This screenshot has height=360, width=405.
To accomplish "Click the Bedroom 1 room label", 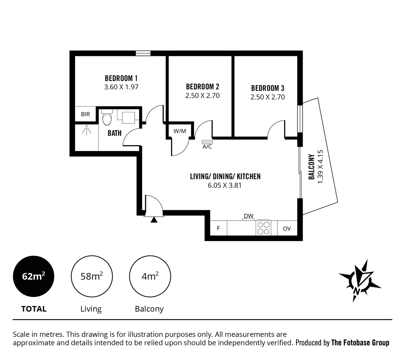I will pyautogui.click(x=121, y=78).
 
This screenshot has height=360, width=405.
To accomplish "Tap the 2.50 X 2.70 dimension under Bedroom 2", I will pyautogui.click(x=202, y=96).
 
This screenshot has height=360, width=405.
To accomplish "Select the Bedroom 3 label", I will pyautogui.click(x=267, y=88).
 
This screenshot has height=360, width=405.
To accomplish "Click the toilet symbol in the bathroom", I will pyautogui.click(x=107, y=118).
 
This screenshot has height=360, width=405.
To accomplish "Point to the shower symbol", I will pyautogui.click(x=87, y=130).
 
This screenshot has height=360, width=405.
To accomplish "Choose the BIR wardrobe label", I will pyautogui.click(x=85, y=114).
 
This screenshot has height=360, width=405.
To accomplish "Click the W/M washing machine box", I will pyautogui.click(x=180, y=131).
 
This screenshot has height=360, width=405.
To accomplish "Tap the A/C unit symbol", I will pyautogui.click(x=207, y=142).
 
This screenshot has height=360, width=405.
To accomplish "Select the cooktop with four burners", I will pyautogui.click(x=263, y=228).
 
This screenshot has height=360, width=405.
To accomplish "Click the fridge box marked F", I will pyautogui.click(x=218, y=228).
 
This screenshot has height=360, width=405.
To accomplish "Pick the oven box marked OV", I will pyautogui.click(x=287, y=228).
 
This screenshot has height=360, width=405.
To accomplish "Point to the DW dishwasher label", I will pyautogui.click(x=248, y=216).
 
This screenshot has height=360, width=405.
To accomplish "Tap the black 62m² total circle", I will pyautogui.click(x=33, y=277).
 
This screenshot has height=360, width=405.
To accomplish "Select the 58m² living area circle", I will pyautogui.click(x=91, y=277).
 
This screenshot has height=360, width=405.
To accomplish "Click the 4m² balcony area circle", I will pyautogui.click(x=150, y=277).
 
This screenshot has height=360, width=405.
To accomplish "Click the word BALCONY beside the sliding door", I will pyautogui.click(x=312, y=167).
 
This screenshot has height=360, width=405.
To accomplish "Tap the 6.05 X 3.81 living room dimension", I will pyautogui.click(x=224, y=185).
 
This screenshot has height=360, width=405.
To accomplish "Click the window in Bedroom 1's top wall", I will pyautogui.click(x=143, y=53).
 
